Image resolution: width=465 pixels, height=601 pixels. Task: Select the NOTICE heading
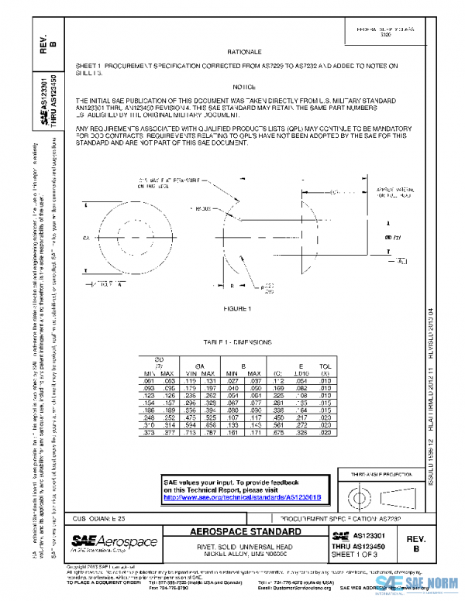pyautogui.click(x=243, y=88)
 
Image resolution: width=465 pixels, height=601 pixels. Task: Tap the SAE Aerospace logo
pyautogui.click(x=114, y=542)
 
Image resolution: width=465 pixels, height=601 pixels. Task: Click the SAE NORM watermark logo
pyautogui.click(x=416, y=588)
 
